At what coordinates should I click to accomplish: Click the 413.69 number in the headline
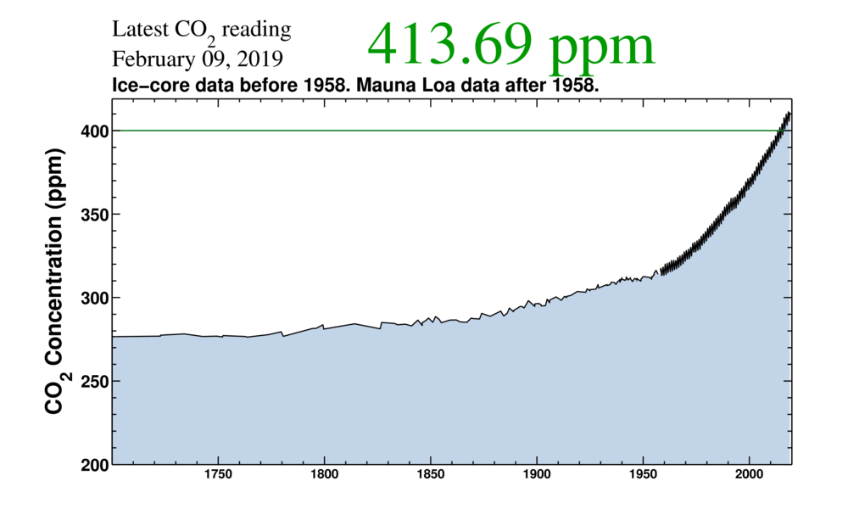449,47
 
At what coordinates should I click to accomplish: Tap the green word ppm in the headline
602,49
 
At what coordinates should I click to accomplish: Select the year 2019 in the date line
264,59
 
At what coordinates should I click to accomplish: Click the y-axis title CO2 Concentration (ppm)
54,282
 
